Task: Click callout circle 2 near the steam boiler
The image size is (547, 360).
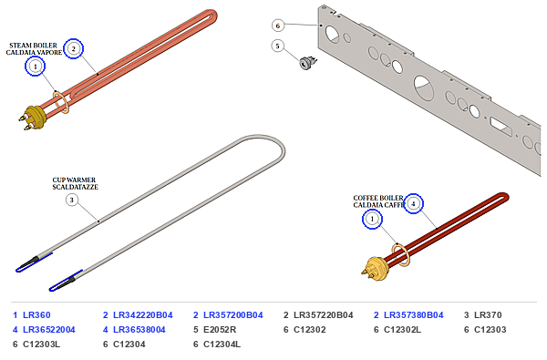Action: (x=73, y=48)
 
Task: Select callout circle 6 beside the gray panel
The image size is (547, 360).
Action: (x=278, y=26)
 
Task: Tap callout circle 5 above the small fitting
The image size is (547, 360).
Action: (x=278, y=46)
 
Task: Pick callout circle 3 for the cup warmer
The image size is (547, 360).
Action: (x=72, y=200)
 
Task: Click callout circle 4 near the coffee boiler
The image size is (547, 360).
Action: (x=413, y=203)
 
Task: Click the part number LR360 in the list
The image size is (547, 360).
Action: (x=36, y=315)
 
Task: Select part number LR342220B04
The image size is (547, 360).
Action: (x=143, y=315)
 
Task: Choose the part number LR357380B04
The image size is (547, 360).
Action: (x=414, y=315)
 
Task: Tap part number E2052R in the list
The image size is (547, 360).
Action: (x=220, y=330)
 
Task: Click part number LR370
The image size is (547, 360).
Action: (x=488, y=315)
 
